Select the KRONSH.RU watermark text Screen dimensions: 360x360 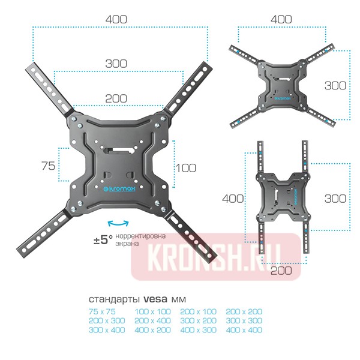pyautogui.click(x=216, y=256)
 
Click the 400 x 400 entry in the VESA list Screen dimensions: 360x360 pyautogui.click(x=244, y=330)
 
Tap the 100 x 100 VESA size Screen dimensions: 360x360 pyautogui.click(x=152, y=311)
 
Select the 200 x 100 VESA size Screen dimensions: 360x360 pyautogui.click(x=198, y=311)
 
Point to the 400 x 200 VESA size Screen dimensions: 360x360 pyautogui.click(x=152, y=330)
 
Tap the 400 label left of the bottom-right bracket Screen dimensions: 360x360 pyautogui.click(x=233, y=198)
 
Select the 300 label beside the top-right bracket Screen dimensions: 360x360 pyautogui.click(x=335, y=86)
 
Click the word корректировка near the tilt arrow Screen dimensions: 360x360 pyautogui.click(x=140, y=236)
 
